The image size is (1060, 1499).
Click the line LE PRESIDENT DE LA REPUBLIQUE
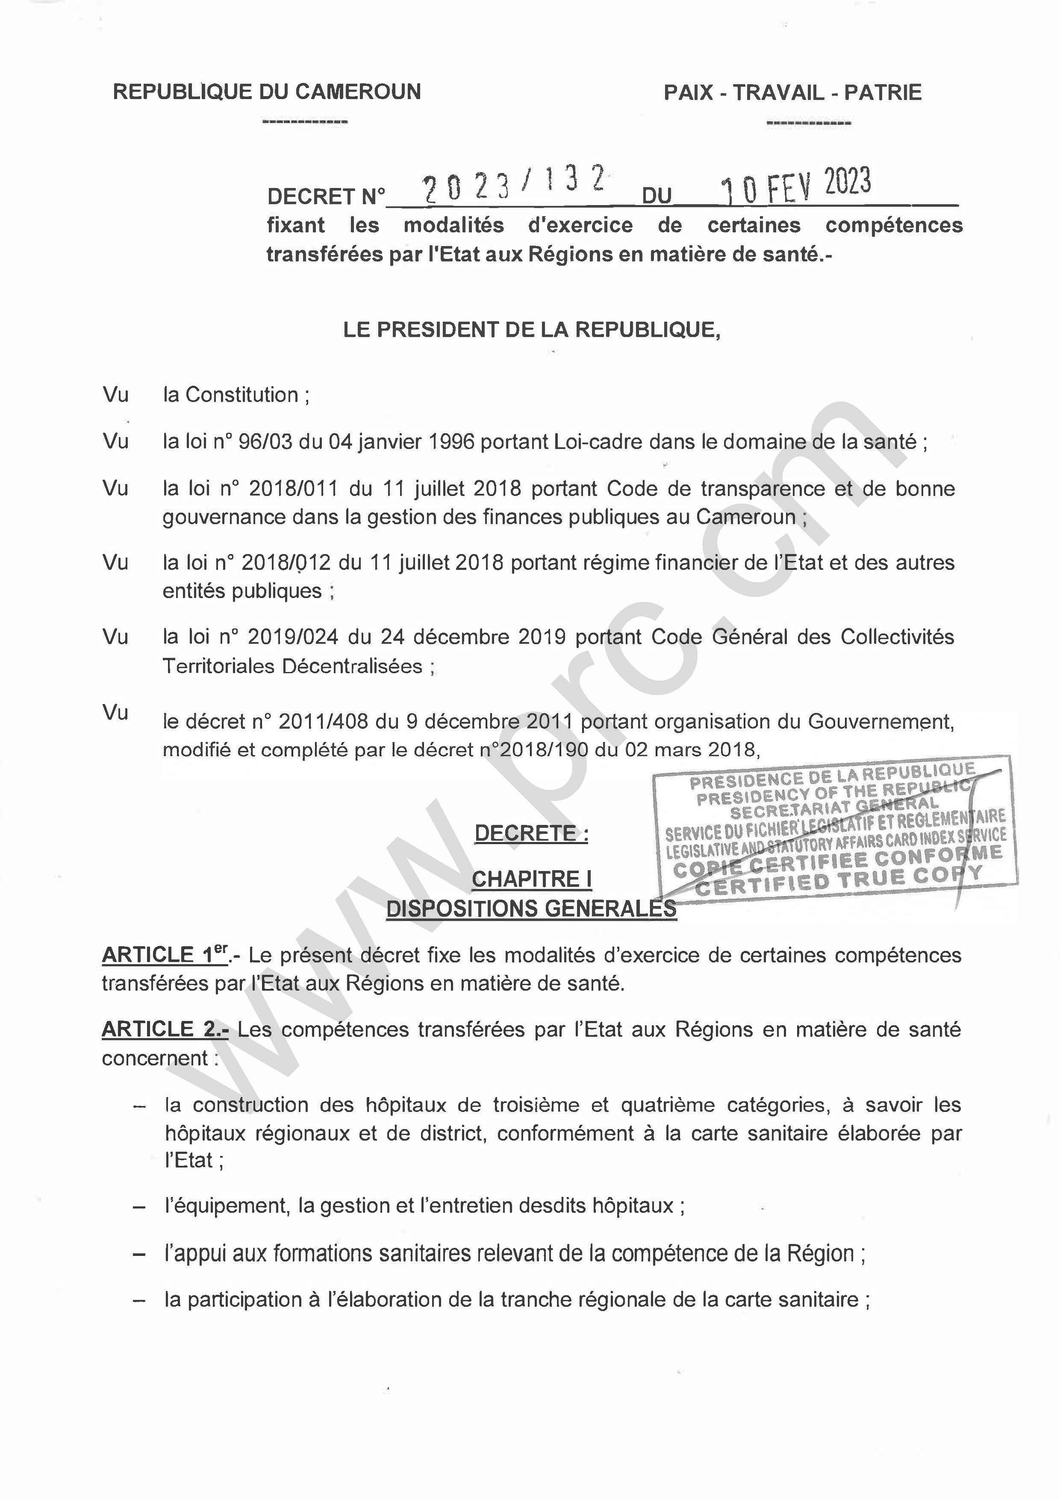pos(532,330)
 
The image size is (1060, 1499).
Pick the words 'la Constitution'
pos(230,395)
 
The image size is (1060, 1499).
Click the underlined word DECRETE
pos(530,834)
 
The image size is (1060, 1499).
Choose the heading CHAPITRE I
pos(532,880)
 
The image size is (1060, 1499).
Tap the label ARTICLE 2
pos(165,1030)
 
